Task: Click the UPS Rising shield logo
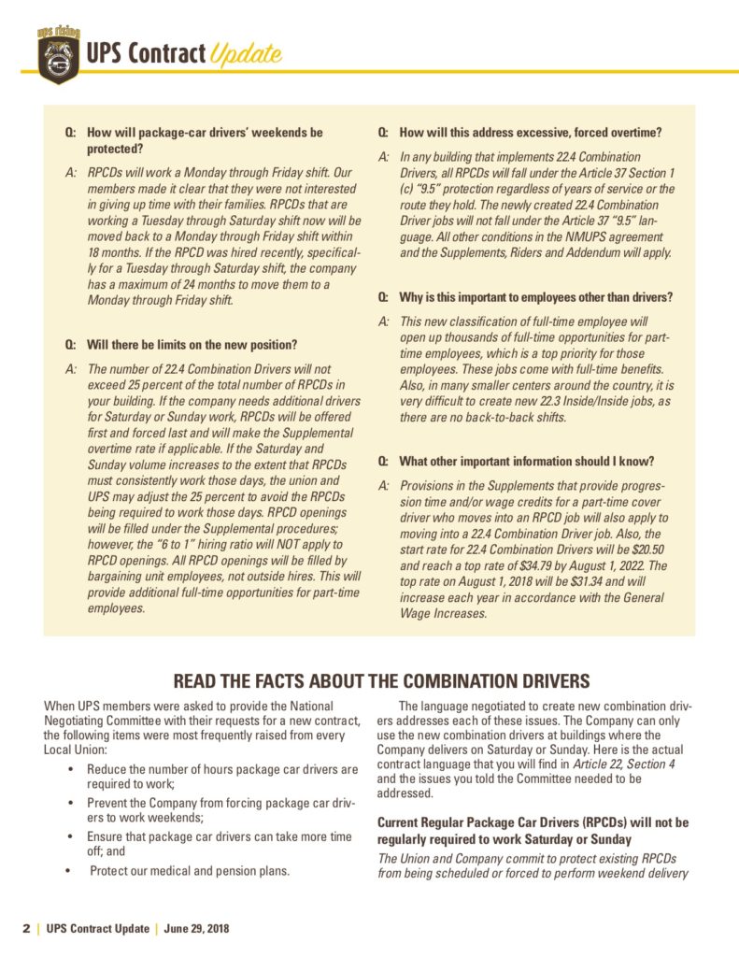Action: click(x=58, y=52)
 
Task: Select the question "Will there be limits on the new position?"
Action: click(x=192, y=345)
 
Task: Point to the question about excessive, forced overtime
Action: click(x=530, y=133)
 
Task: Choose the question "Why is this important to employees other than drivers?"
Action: click(x=535, y=297)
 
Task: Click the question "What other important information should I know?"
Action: click(x=526, y=462)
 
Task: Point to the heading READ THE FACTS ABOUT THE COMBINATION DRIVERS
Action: click(x=369, y=679)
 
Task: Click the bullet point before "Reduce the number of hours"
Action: click(x=71, y=769)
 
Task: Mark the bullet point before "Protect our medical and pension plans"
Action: click(x=71, y=871)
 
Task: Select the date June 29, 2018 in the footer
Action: click(x=197, y=929)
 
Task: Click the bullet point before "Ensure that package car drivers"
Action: click(x=71, y=836)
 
